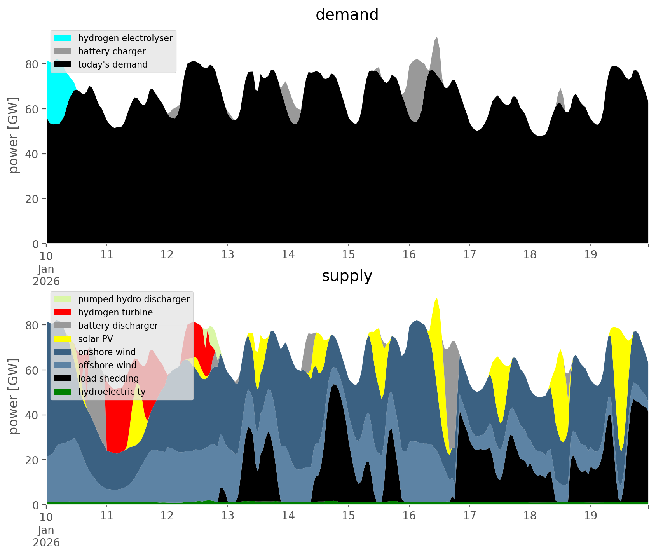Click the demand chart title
pyautogui.click(x=347, y=15)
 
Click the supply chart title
pyautogui.click(x=347, y=276)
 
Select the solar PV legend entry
pyautogui.click(x=95, y=339)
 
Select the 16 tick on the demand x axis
pyautogui.click(x=409, y=255)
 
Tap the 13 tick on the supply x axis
pyautogui.click(x=228, y=516)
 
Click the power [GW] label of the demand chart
pyautogui.click(x=13, y=135)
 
